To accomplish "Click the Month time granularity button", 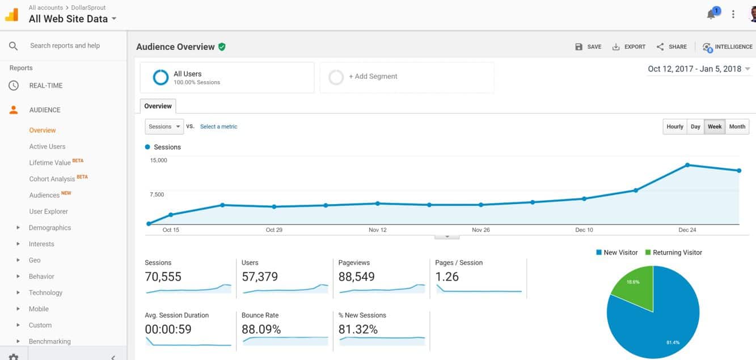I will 737,126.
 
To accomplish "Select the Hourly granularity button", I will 674,126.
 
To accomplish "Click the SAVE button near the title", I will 588,47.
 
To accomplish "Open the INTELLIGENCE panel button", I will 728,47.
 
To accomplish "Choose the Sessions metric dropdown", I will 164,126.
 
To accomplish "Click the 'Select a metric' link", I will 218,127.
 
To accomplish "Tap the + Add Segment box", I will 407,77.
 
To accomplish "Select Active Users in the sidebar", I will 47,146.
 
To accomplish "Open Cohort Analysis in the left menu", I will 52,179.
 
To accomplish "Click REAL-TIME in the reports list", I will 46,86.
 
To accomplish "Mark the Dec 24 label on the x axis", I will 687,230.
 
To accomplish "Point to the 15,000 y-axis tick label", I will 158,160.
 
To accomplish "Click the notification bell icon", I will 711,15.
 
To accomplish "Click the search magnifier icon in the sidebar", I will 14,46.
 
